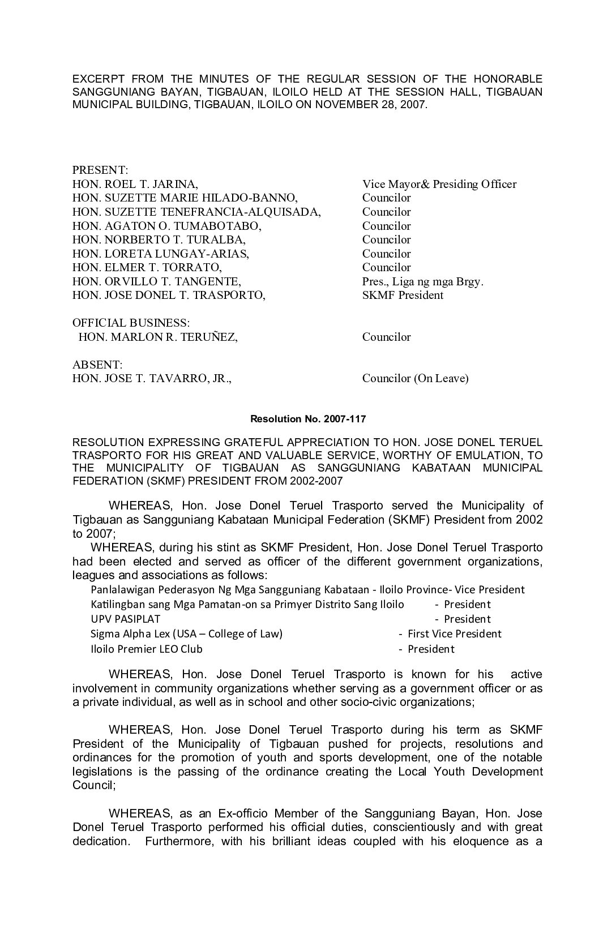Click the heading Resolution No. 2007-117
308,419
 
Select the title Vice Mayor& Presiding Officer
439,184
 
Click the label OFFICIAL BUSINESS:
131,323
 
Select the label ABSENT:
97,365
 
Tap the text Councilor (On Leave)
415,378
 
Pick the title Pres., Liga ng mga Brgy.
422,281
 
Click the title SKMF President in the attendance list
403,295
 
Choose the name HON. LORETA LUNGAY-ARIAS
160,254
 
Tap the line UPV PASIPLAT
125,619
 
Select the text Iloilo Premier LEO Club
146,649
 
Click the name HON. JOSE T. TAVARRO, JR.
152,378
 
